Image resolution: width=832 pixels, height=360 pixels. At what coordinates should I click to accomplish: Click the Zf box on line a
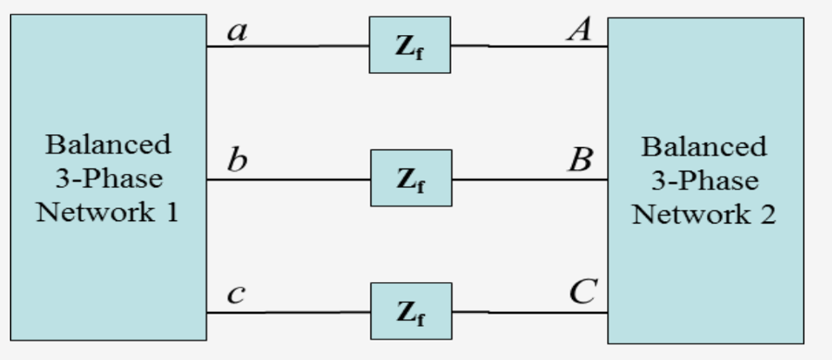click(x=409, y=45)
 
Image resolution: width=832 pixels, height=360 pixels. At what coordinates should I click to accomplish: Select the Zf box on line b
click(x=411, y=178)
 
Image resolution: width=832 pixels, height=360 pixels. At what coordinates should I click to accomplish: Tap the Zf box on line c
click(x=411, y=311)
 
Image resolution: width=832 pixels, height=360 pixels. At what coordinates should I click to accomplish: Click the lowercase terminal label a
click(x=236, y=32)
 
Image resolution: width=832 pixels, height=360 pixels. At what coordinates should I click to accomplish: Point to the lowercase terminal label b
click(x=236, y=159)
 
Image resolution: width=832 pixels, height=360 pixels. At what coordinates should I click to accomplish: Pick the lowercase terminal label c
click(x=236, y=293)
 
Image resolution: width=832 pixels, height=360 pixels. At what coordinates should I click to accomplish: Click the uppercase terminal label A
click(x=579, y=30)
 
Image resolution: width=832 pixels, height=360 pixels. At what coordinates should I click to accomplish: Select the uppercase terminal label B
click(x=580, y=159)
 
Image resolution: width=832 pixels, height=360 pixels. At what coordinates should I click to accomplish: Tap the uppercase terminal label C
click(x=583, y=291)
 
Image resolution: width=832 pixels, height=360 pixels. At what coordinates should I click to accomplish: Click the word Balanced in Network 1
click(x=108, y=145)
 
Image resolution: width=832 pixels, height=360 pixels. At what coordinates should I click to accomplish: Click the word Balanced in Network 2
click(x=704, y=147)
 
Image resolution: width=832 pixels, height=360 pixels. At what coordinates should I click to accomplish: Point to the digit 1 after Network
click(x=171, y=213)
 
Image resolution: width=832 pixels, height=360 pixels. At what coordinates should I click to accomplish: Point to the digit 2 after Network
click(x=766, y=215)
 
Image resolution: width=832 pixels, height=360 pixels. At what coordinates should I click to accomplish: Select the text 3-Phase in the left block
click(x=108, y=179)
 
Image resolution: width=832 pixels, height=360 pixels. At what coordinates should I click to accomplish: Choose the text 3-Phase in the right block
click(x=704, y=180)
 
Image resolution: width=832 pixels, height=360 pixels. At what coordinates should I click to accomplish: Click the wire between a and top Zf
click(x=288, y=46)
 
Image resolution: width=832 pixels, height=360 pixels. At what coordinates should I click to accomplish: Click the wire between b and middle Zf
click(x=288, y=180)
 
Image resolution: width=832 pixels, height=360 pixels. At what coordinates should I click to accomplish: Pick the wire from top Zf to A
click(x=529, y=46)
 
